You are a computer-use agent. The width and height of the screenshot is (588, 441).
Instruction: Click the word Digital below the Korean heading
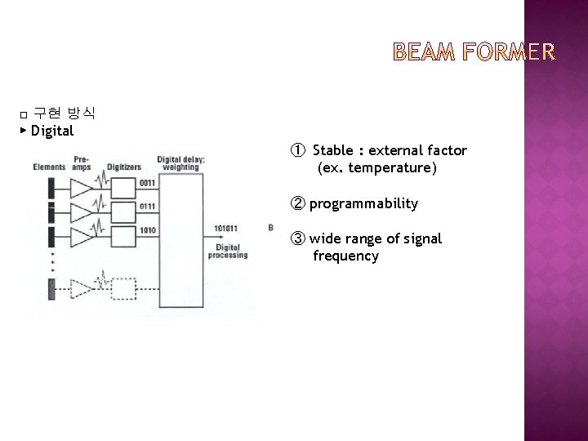coord(52,131)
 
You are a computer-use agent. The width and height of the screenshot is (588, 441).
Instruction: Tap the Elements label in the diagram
coord(49,167)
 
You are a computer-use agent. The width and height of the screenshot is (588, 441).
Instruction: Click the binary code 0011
coord(148,182)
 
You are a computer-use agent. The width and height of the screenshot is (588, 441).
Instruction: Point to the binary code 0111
coord(148,207)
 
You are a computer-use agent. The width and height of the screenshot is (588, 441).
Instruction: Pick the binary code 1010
coord(148,230)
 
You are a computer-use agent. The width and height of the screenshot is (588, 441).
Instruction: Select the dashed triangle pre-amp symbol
coord(82,288)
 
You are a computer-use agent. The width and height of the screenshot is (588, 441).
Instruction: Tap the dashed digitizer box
coord(122,288)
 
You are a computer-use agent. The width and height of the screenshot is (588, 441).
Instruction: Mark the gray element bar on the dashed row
coord(51,288)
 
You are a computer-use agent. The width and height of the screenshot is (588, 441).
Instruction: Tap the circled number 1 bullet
coord(297,150)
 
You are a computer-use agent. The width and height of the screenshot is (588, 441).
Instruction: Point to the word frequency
coord(345,256)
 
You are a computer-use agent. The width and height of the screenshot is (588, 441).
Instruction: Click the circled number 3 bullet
coord(297,238)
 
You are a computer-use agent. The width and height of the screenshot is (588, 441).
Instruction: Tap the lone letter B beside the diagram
coord(270,226)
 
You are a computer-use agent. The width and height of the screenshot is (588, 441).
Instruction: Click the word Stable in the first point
coord(333,150)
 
